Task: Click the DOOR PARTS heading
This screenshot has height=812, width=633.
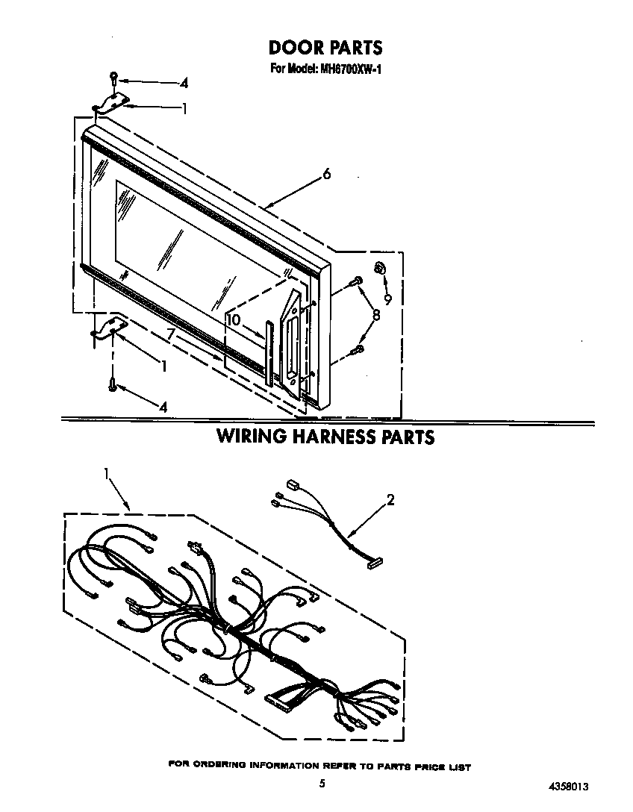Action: click(x=325, y=48)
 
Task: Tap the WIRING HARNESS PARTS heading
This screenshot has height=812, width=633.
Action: click(x=325, y=437)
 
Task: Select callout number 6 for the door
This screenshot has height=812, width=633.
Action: click(x=326, y=174)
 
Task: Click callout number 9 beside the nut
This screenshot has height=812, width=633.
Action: click(x=387, y=299)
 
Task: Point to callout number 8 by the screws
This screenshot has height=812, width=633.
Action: click(x=376, y=314)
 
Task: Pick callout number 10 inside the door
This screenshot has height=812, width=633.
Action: click(x=234, y=320)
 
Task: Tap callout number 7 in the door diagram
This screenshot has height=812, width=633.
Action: click(x=171, y=335)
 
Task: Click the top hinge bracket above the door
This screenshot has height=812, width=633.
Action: click(x=110, y=102)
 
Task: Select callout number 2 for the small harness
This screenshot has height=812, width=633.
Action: click(x=390, y=500)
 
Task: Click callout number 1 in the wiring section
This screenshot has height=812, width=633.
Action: click(x=106, y=473)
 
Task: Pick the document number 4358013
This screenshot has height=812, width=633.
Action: click(x=568, y=787)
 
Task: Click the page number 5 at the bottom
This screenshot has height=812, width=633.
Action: click(x=322, y=784)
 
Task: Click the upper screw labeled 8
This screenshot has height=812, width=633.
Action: click(x=356, y=281)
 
